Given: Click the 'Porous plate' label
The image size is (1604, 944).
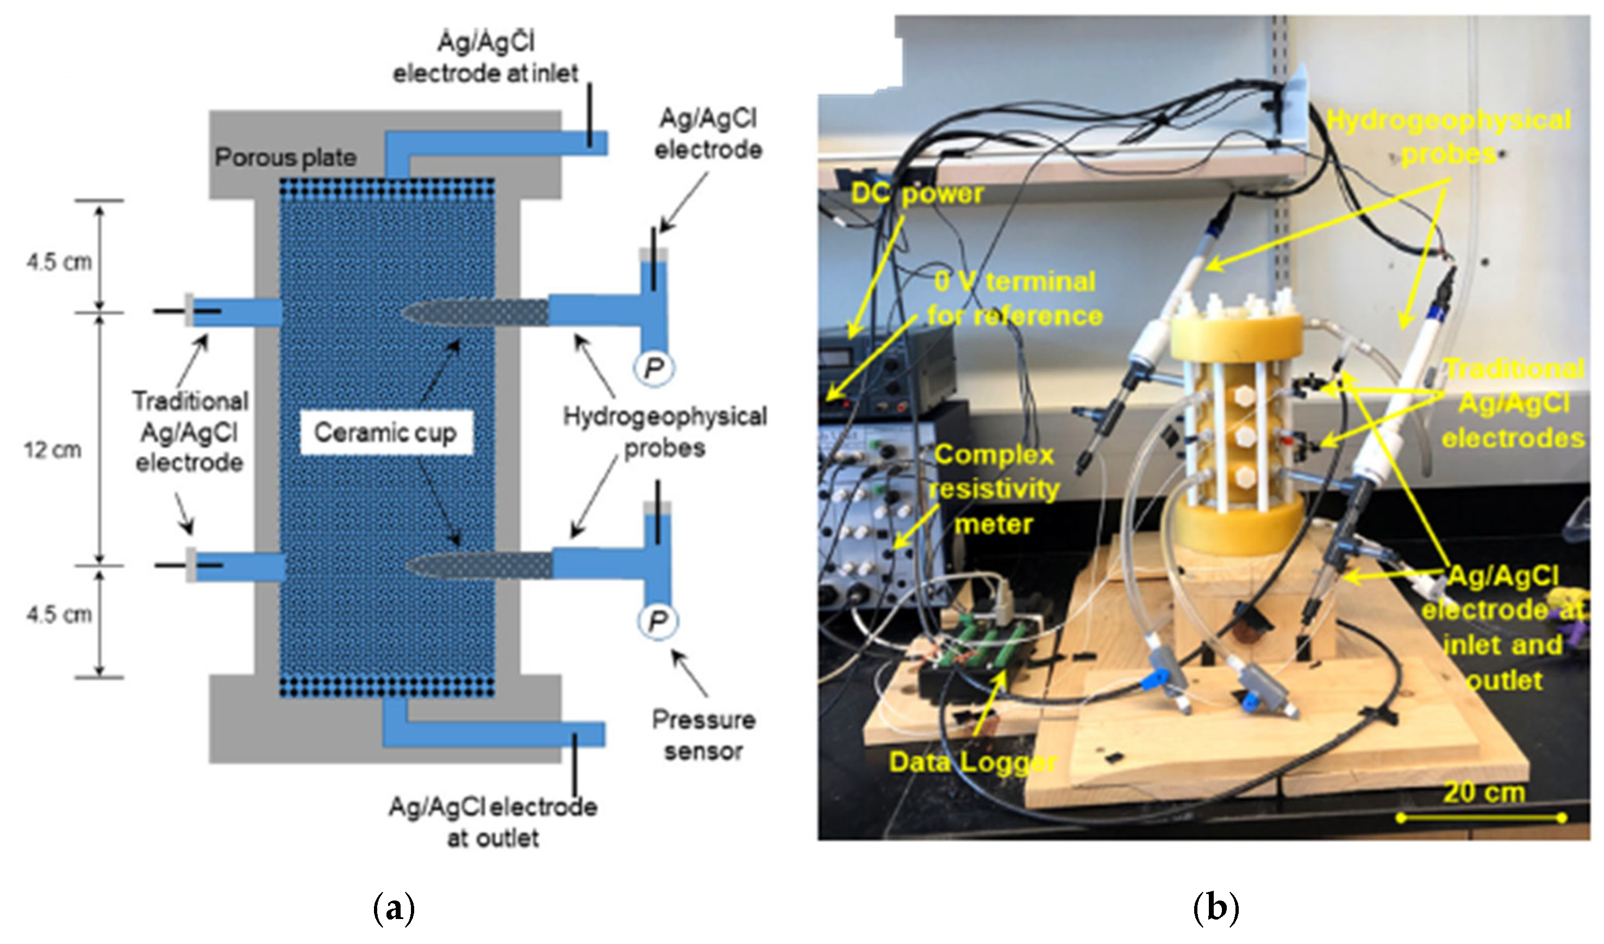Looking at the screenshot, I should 285,158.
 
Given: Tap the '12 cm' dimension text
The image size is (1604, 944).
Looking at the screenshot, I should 53,450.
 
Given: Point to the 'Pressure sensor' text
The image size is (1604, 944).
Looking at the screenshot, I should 703,736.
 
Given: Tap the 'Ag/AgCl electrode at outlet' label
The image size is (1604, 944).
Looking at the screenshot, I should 494,822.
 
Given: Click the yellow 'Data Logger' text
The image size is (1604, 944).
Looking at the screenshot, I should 973,762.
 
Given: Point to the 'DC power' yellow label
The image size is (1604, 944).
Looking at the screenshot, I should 917,193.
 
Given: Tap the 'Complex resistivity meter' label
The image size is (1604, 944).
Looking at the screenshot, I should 994,490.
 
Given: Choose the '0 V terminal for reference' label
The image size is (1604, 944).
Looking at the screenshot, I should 1015,298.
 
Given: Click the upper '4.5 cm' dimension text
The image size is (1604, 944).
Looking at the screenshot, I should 59,261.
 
